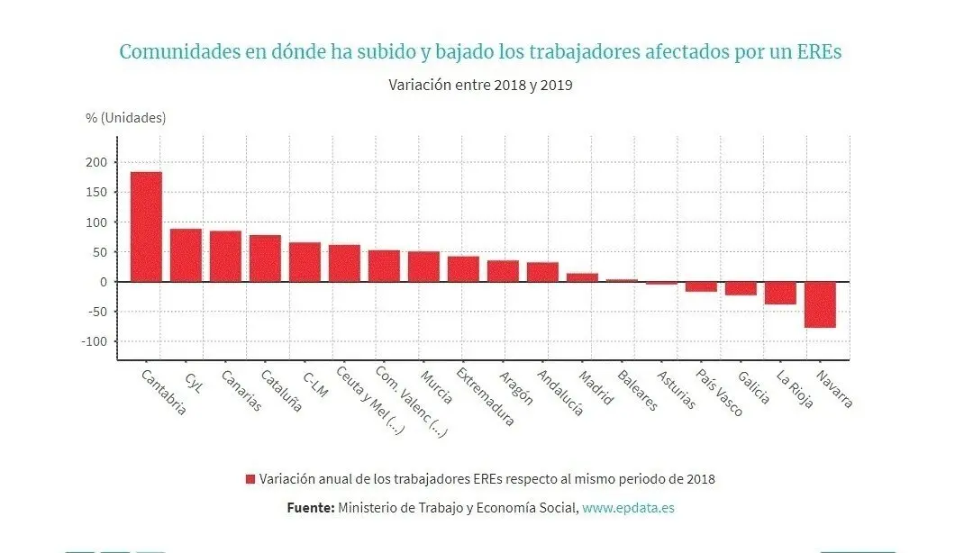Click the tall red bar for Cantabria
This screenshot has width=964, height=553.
(146, 226)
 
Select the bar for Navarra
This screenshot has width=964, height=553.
(820, 304)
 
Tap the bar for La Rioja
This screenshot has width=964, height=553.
(780, 293)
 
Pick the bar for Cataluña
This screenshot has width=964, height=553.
(265, 258)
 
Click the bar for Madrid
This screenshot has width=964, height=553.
(582, 277)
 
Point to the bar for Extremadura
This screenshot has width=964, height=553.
(463, 269)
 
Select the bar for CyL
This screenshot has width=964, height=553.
(186, 255)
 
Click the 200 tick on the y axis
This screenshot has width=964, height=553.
(96, 162)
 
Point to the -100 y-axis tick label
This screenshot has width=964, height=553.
(95, 341)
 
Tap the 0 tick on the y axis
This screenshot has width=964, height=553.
(103, 282)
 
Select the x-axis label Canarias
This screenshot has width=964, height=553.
(241, 391)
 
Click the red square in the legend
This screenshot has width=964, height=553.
(250, 479)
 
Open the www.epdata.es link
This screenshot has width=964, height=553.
(628, 508)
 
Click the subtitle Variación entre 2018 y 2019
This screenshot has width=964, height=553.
(481, 86)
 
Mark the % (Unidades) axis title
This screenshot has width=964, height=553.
(126, 118)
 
